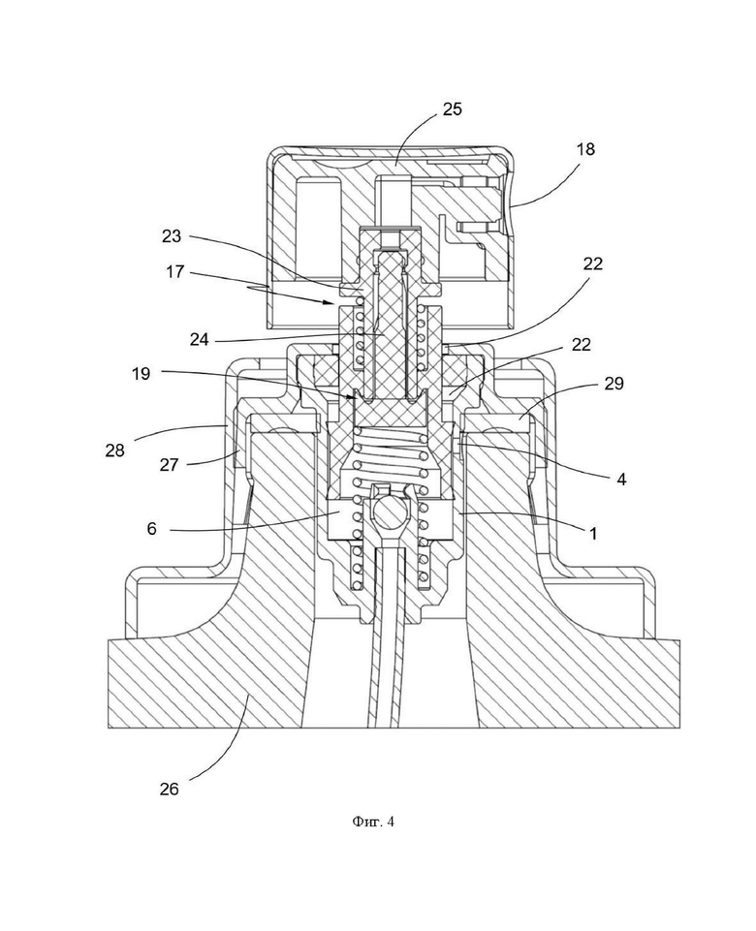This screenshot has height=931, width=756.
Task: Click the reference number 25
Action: tap(452, 109)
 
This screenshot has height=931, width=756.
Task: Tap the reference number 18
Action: tap(585, 148)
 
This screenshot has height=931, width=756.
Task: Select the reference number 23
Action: tap(172, 235)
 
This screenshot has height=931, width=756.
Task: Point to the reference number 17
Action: tap(175, 272)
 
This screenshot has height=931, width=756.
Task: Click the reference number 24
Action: tap(200, 339)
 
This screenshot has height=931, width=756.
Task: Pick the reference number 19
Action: tap(141, 374)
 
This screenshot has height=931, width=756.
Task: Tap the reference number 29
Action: tap(614, 384)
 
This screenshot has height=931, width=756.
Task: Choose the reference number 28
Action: tap(115, 450)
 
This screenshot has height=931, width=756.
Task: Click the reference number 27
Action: tap(169, 464)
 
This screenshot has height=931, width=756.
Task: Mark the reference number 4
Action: tap(621, 479)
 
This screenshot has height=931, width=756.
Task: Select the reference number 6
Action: tap(152, 528)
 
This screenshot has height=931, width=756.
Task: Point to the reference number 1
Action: tap(593, 533)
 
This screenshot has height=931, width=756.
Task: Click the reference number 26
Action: tap(170, 790)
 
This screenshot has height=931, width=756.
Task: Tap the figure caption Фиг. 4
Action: tap(373, 822)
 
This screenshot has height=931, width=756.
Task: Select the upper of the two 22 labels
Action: tap(592, 264)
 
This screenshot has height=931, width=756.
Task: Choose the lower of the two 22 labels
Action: tap(581, 344)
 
